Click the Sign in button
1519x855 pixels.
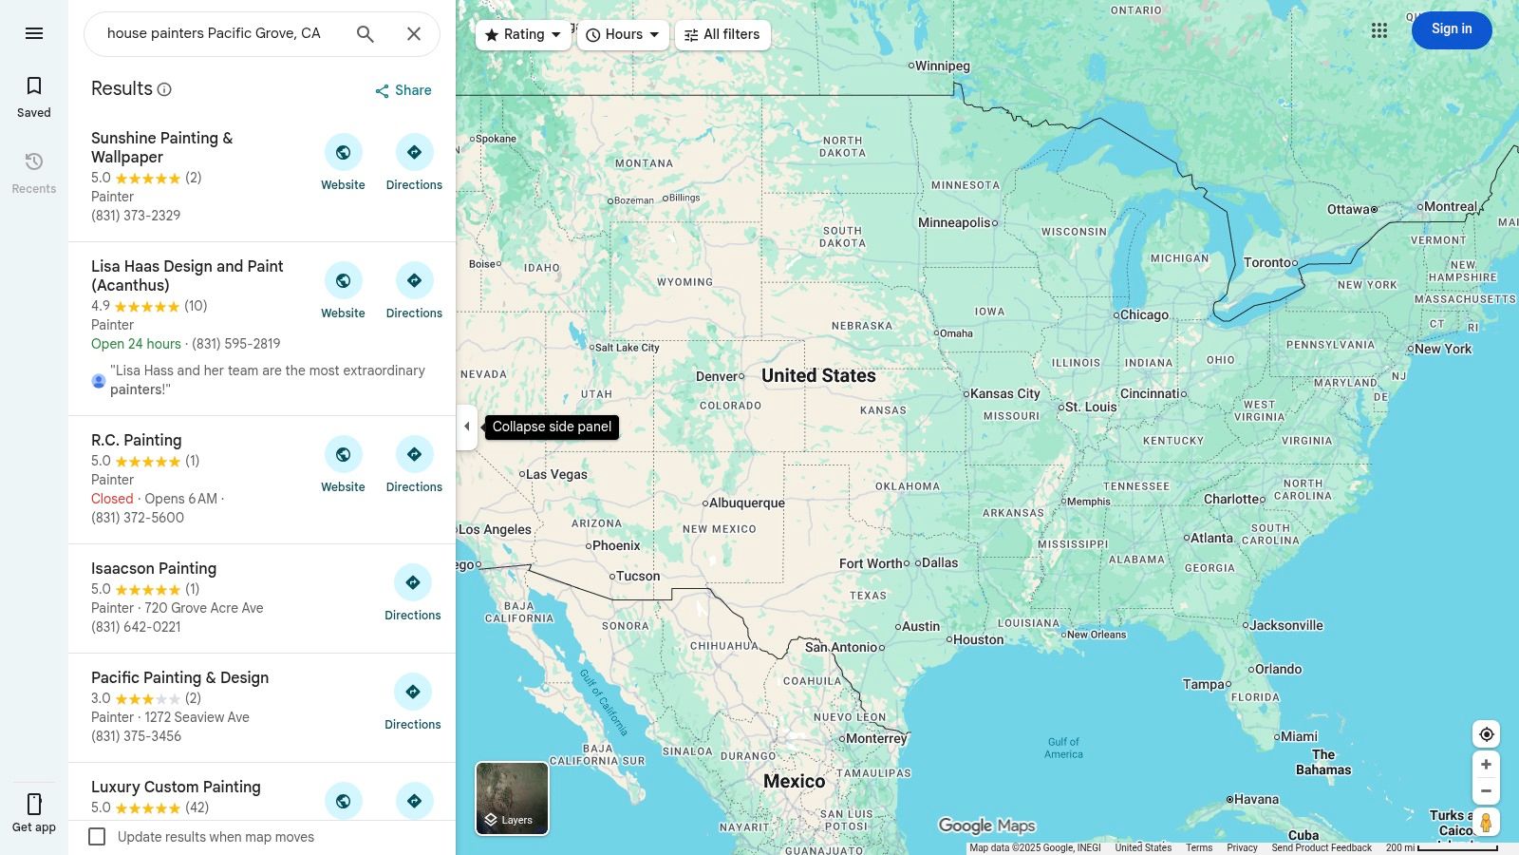click(1451, 30)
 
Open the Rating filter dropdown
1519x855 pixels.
click(522, 35)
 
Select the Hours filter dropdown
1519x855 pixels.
click(623, 35)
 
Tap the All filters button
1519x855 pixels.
click(722, 35)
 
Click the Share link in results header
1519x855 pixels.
click(403, 91)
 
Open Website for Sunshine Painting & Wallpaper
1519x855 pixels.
click(343, 162)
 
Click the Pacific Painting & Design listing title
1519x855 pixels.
click(179, 677)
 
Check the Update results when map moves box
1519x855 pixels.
click(97, 837)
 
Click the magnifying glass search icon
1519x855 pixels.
click(366, 34)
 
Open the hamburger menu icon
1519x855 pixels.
click(34, 34)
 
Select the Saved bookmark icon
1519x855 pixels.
click(34, 86)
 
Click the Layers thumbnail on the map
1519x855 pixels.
click(512, 798)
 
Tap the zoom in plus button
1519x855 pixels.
click(1486, 765)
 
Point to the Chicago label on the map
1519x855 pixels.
click(1144, 315)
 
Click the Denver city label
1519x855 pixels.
click(716, 376)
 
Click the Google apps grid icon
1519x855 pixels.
click(1379, 31)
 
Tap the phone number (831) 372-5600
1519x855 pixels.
click(138, 518)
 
